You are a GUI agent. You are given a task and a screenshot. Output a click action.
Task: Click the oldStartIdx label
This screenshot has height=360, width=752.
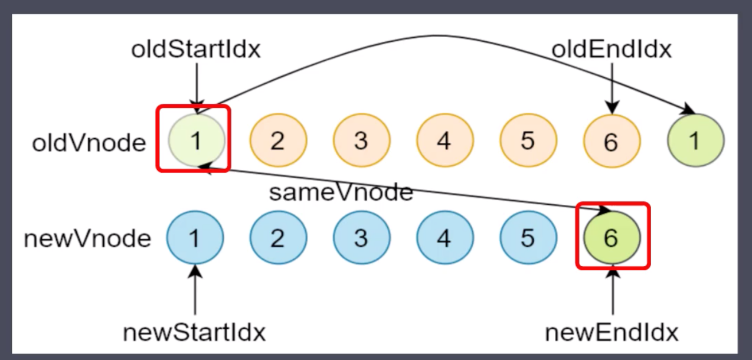pos(195,50)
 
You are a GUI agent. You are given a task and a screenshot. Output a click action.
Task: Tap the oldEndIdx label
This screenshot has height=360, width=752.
pos(611,50)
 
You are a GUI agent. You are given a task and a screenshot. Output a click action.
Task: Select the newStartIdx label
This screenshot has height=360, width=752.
pos(194,333)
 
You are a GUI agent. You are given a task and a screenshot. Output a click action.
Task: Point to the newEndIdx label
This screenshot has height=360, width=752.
pos(612,333)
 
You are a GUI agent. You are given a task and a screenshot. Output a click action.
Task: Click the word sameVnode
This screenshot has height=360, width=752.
pos(341,192)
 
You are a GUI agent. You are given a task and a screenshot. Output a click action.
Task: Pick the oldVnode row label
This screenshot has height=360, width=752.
pos(89,142)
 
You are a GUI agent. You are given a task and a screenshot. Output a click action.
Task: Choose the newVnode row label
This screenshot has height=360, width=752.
pos(87,238)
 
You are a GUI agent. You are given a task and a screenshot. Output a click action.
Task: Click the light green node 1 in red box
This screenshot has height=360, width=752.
pos(195,140)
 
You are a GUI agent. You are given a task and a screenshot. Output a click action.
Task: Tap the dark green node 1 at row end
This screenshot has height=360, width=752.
pos(695,140)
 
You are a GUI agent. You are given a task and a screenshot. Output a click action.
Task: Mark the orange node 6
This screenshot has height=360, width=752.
pos(612,142)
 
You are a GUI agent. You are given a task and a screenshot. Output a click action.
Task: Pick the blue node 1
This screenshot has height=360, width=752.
pos(194,238)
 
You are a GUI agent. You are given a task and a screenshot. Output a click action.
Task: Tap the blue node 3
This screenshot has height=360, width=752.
pos(361,238)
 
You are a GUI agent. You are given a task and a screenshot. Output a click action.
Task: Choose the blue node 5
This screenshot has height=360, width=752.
pos(528,238)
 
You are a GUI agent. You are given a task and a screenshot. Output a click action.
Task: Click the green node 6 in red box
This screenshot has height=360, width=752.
pos(612,237)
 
